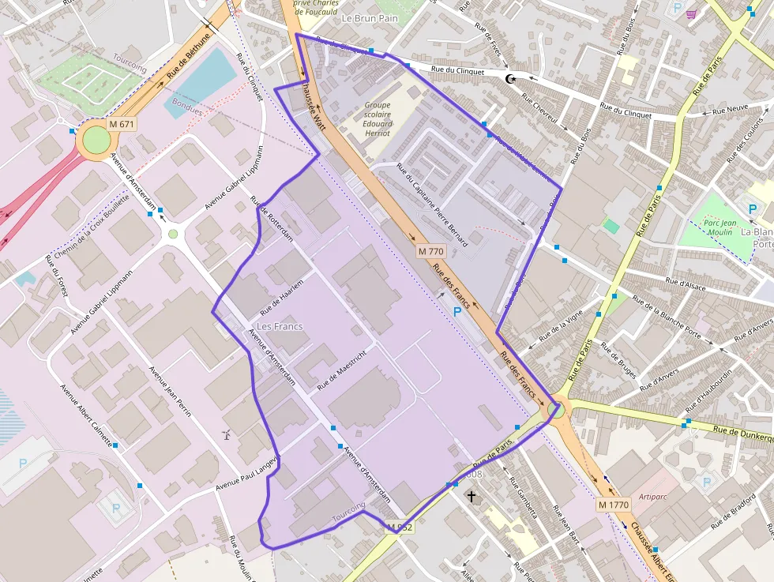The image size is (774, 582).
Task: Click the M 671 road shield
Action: point(122,124)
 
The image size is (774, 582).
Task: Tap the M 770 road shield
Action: point(431,251)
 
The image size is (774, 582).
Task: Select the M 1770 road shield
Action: point(613,504)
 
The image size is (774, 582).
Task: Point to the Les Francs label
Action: point(280,326)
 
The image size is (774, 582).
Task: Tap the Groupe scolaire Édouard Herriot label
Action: point(378,119)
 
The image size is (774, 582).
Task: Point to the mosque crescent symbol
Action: point(511,77)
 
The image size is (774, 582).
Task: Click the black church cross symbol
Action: point(472,497)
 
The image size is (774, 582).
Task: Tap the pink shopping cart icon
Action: point(693,13)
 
